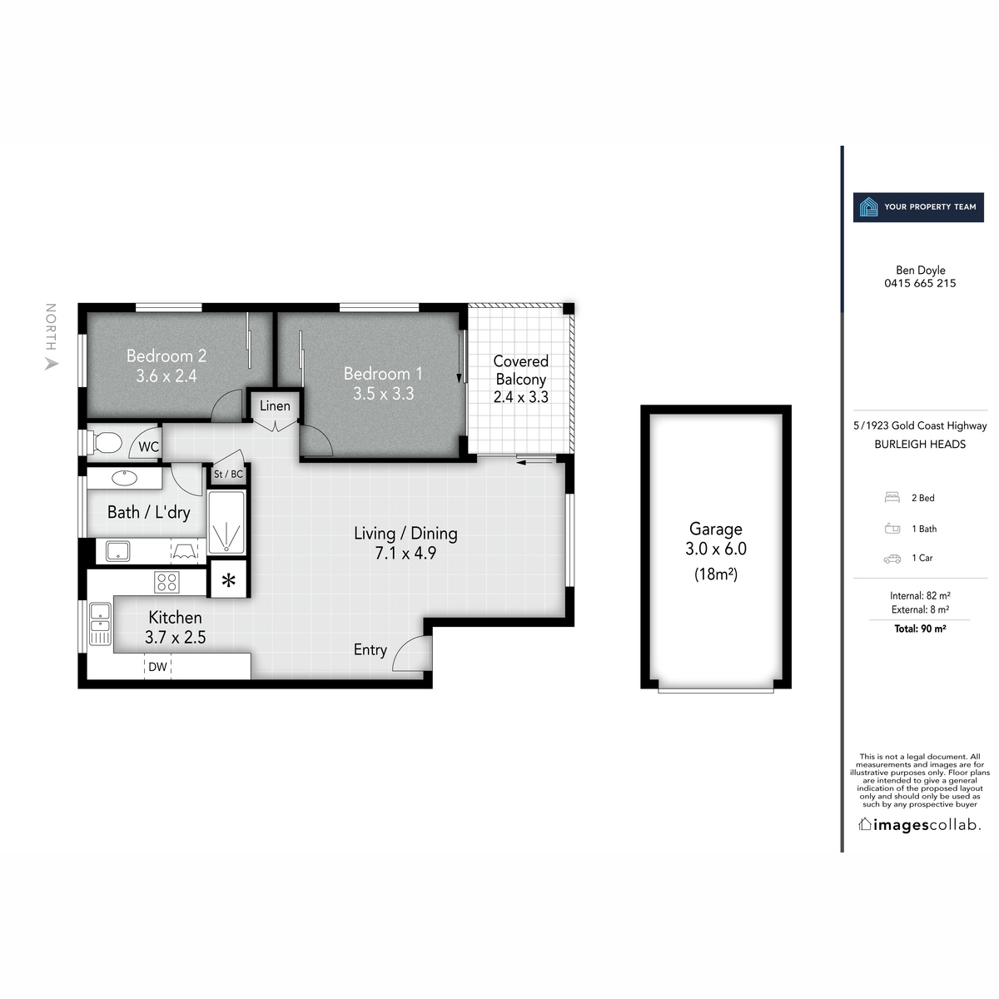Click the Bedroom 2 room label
pos(166,355)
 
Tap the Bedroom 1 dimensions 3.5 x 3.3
pos(383,394)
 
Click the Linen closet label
pos(275,406)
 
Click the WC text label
pos(148,447)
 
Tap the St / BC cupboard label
pos(228,475)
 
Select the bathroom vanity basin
pos(125,478)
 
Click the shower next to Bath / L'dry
pos(227,523)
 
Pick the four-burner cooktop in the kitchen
pos(166,582)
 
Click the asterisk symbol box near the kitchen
pos(228,581)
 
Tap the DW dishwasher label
pos(157,667)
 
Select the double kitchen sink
pos(100,624)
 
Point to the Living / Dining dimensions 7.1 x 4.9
pos(405,553)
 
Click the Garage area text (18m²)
pos(716,574)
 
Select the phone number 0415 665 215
pos(920,283)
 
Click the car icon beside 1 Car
pos(892,559)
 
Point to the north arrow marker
pos(52,363)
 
